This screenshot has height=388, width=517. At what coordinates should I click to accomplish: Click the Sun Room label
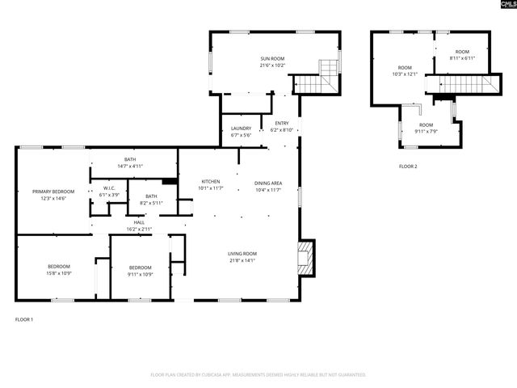(x=272, y=62)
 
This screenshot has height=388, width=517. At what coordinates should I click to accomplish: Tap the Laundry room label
(x=241, y=132)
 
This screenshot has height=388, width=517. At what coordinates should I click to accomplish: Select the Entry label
(x=281, y=126)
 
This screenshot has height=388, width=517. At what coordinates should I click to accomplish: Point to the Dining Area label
(x=267, y=186)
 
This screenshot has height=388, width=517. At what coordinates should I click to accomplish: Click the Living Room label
(x=242, y=257)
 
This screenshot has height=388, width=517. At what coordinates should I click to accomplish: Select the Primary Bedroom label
(x=53, y=195)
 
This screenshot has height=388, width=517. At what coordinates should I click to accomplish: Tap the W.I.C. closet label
(x=109, y=192)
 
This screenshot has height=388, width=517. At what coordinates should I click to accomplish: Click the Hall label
(x=139, y=226)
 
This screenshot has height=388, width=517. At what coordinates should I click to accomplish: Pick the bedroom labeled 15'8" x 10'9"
(x=58, y=270)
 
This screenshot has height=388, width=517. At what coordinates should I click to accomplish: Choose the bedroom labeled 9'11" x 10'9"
(x=140, y=270)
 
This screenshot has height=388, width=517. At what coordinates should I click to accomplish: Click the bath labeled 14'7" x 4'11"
(x=130, y=162)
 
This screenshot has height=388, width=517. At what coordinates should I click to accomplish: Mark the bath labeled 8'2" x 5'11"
(x=151, y=200)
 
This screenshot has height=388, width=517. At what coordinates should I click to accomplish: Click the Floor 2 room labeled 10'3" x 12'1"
(x=404, y=71)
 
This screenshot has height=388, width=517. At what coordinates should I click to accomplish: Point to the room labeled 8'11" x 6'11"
(x=462, y=55)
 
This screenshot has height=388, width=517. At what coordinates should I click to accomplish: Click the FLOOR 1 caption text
(x=24, y=319)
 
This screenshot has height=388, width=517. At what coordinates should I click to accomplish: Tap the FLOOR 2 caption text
(x=408, y=167)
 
